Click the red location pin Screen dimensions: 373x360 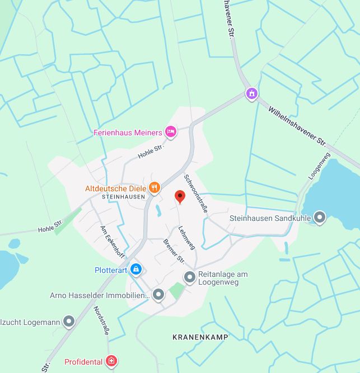[180, 196]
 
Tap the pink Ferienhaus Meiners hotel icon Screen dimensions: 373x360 [171, 132]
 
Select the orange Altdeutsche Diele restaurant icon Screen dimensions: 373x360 [155, 188]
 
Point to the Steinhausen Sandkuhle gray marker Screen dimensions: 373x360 [320, 217]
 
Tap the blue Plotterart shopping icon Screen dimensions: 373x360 [135, 270]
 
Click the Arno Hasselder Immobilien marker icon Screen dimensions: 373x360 [158, 294]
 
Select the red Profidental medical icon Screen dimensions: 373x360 [112, 361]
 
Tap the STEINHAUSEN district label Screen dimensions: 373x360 [124, 197]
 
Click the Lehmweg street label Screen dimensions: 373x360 [186, 237]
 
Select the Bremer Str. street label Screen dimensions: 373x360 [174, 251]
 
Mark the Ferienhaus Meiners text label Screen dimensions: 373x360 [128, 133]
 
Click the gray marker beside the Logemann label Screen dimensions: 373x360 [69, 321]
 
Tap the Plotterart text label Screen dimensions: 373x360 [111, 270]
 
